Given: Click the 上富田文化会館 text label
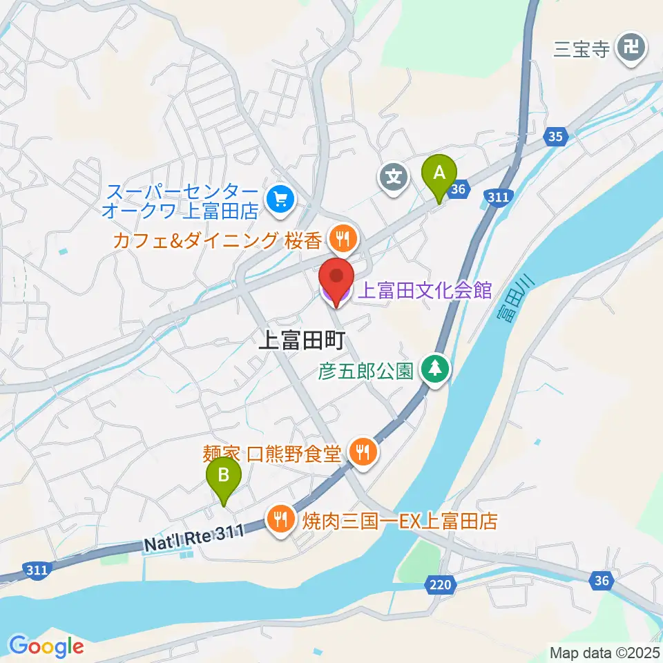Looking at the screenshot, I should (x=423, y=290).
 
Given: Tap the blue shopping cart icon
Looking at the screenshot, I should (x=280, y=200).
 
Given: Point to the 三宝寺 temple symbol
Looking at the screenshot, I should (x=631, y=48).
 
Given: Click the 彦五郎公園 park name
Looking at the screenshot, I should (x=366, y=372).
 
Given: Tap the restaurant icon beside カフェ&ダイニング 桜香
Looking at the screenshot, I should (x=342, y=240).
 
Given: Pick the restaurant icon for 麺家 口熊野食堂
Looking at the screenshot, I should (x=363, y=452).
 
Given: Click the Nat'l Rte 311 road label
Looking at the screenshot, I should (x=195, y=539).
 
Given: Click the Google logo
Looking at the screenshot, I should (x=46, y=646).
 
